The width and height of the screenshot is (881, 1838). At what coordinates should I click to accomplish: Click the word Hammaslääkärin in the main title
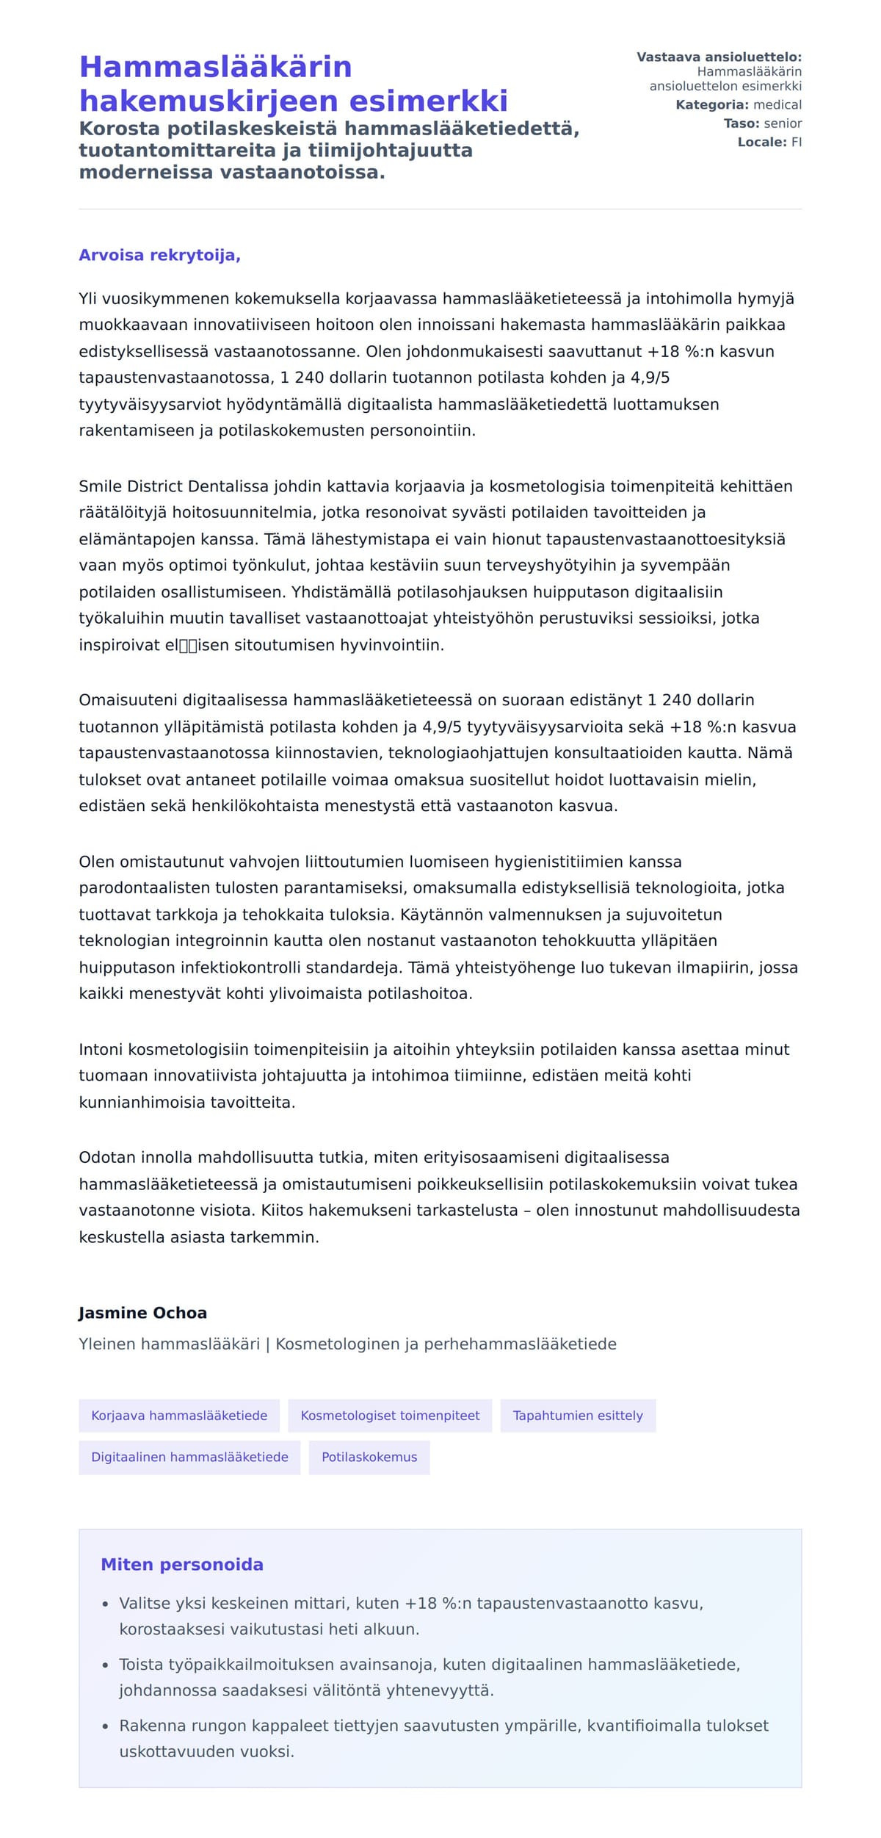(215, 67)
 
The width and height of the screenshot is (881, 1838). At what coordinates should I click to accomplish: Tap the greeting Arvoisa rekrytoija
(159, 256)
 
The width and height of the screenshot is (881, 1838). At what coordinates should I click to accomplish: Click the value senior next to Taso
(783, 123)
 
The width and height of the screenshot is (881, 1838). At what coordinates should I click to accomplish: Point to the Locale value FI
(796, 143)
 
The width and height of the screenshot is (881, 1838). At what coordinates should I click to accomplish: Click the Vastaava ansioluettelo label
(719, 57)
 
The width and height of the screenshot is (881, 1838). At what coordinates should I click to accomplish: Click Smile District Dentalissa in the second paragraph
(175, 486)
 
